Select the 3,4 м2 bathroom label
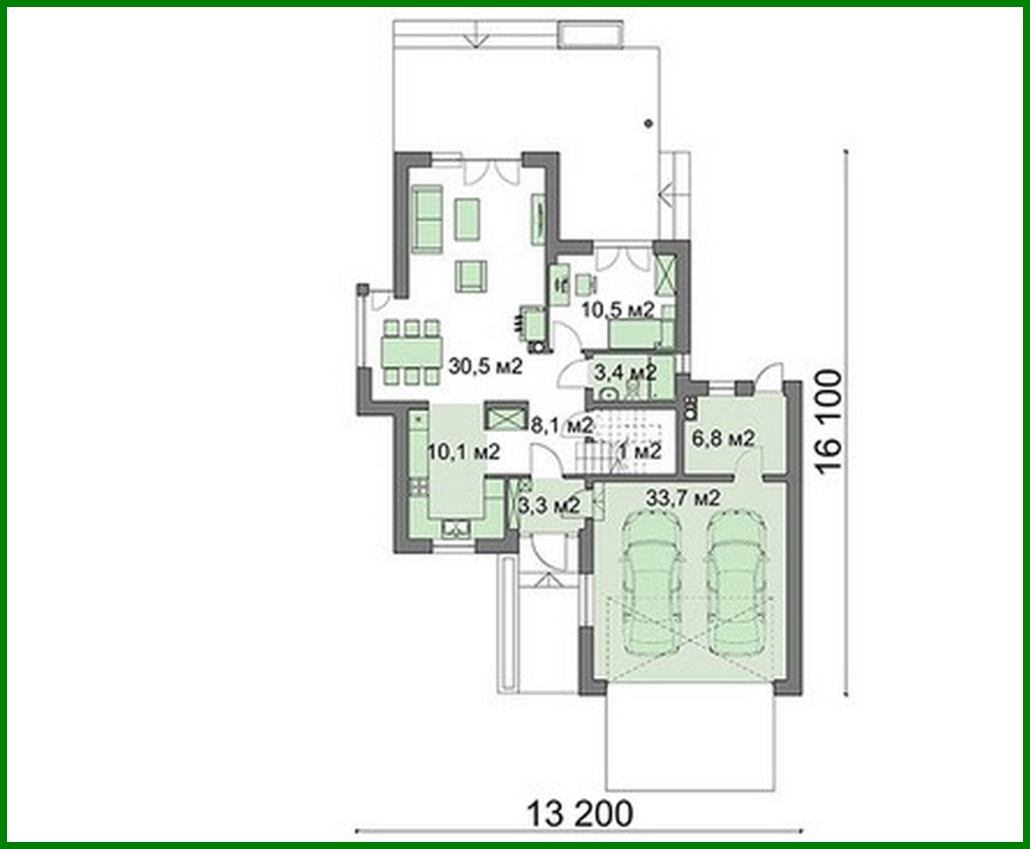pos(625,373)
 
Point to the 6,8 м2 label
pos(723,439)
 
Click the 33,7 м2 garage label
pos(683,499)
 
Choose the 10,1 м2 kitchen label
pos(464,451)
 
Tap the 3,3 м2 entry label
pos(549,506)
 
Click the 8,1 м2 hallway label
pos(563,424)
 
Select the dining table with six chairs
pos(412,352)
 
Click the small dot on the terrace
pos(648,122)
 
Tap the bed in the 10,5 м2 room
pos(641,333)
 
